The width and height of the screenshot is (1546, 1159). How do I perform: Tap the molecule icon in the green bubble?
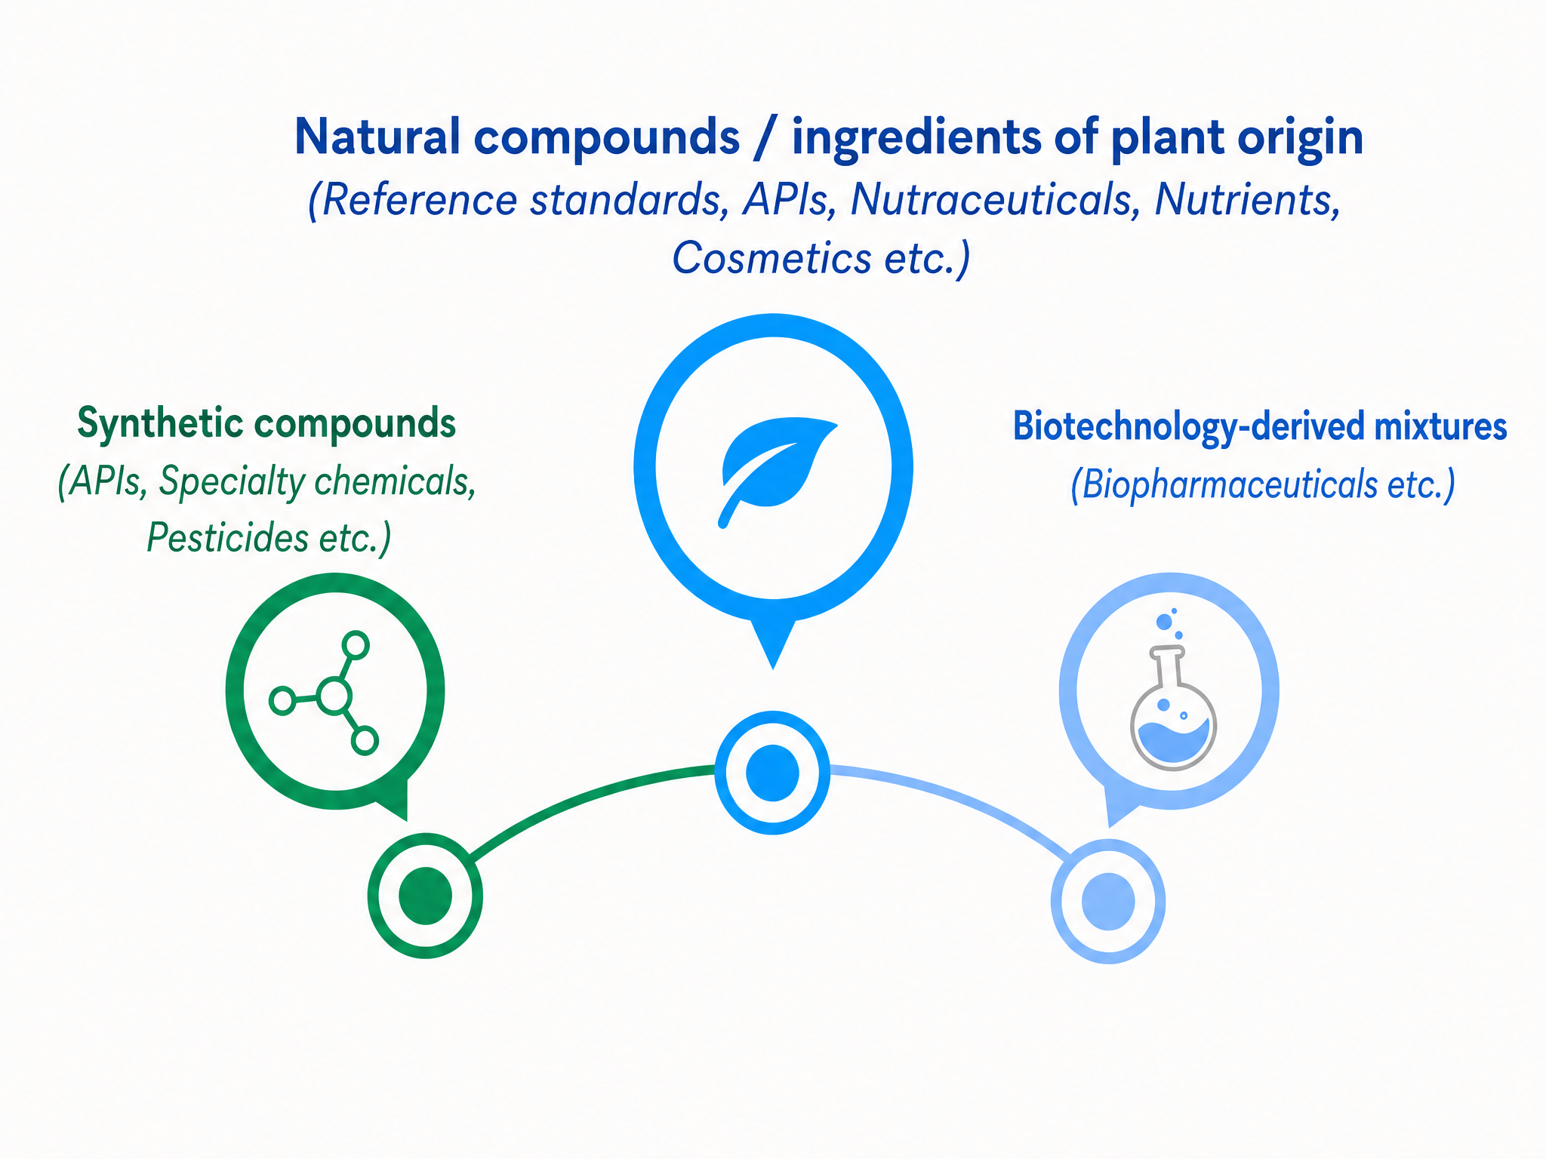[325, 693]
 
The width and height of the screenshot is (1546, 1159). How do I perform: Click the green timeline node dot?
[425, 896]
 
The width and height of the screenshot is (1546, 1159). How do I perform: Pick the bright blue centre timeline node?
[772, 773]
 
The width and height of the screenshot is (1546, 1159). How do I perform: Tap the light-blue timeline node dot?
[1108, 901]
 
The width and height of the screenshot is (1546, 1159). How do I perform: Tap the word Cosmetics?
[771, 258]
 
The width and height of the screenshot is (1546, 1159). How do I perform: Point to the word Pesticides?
[227, 538]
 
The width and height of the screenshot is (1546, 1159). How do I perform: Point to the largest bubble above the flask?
[1164, 622]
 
